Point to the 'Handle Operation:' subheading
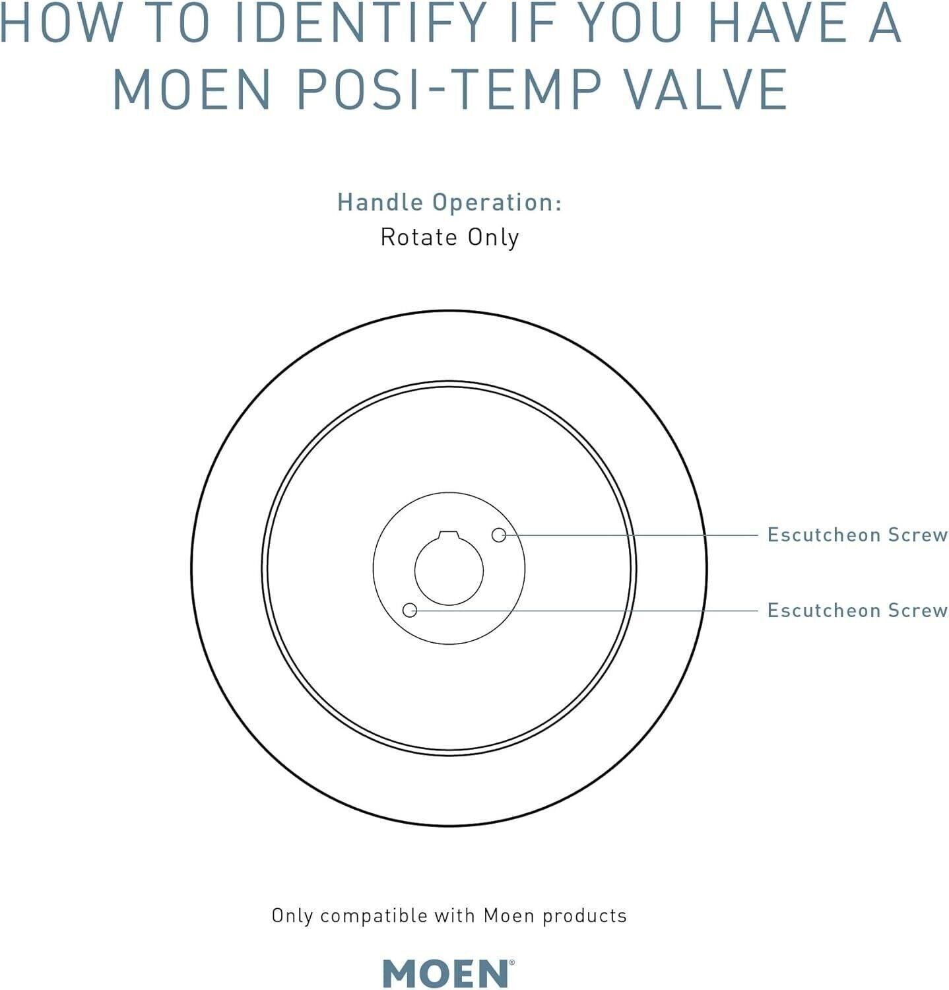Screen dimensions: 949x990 (x=449, y=203)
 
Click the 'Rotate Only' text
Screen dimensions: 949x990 (x=449, y=238)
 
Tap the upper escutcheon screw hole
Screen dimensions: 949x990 (x=499, y=535)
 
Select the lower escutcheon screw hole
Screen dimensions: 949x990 (x=410, y=610)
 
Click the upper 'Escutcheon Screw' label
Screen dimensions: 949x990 (x=857, y=535)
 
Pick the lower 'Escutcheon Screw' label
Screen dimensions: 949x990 (x=857, y=610)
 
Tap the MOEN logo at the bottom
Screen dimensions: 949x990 (x=446, y=973)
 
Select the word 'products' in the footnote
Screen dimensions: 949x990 (x=585, y=917)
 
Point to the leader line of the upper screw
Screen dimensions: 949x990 (x=632, y=535)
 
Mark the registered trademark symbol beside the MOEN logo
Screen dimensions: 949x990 (x=511, y=964)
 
